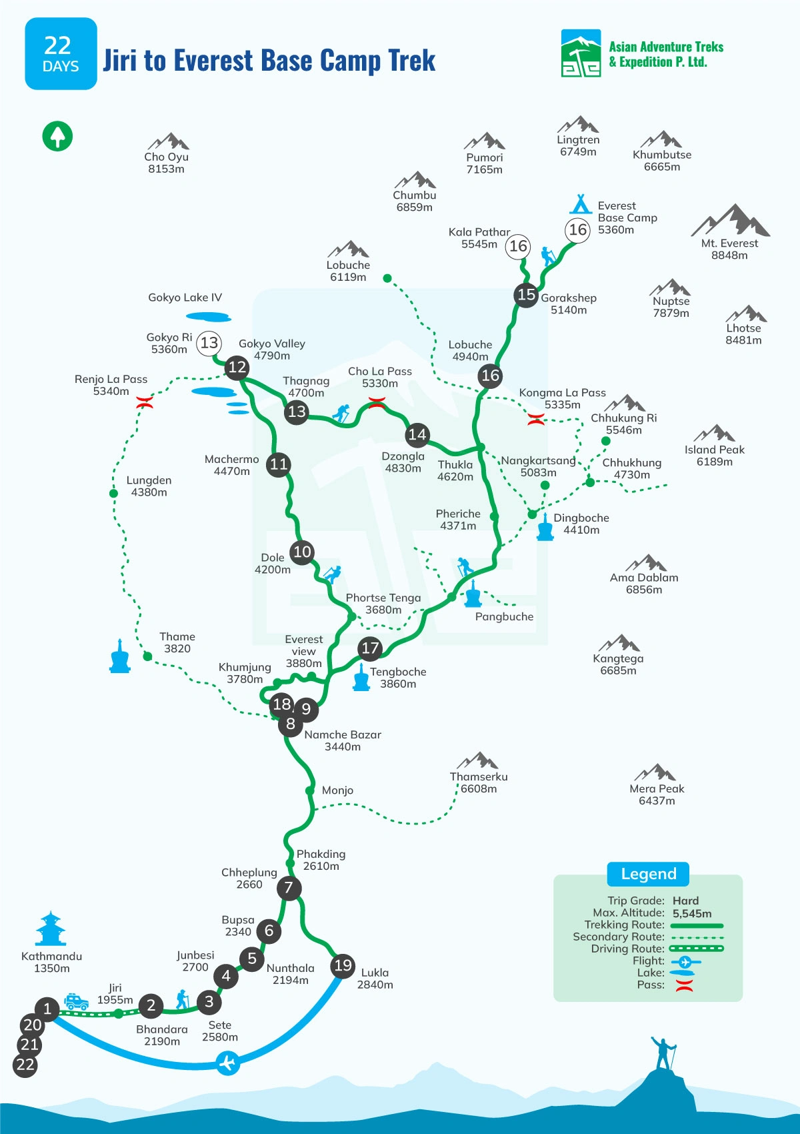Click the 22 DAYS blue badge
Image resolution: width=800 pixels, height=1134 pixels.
coord(61,54)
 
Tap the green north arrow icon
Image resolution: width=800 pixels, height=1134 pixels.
coord(58,136)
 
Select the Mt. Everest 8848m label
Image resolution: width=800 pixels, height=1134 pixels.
coord(729,249)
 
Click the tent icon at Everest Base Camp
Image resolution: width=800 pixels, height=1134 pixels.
coord(581,203)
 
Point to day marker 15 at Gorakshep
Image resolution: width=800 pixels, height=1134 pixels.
coord(526,294)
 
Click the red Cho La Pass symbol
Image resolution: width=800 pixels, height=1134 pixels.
coord(377,402)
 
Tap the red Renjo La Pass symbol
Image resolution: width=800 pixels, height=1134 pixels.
coord(145,402)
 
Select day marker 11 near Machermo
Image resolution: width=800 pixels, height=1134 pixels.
coord(279,464)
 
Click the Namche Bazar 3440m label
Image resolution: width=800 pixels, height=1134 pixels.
coord(343,740)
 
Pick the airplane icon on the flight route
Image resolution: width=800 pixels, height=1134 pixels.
coord(228,1061)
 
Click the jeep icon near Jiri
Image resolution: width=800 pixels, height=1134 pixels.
coord(76,1001)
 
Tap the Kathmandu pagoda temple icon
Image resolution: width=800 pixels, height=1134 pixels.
coord(51,929)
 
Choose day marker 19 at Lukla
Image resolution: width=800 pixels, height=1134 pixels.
coord(343,965)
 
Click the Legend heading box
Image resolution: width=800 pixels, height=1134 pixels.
coord(648,874)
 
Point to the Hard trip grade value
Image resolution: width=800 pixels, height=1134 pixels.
coord(685,901)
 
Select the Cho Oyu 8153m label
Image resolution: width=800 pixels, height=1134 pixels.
coord(167,163)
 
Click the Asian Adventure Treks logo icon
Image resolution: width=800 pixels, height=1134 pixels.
coord(581,53)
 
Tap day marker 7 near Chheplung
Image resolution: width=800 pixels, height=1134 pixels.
coord(289,888)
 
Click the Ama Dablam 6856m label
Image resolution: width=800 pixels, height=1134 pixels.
coord(644,583)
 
